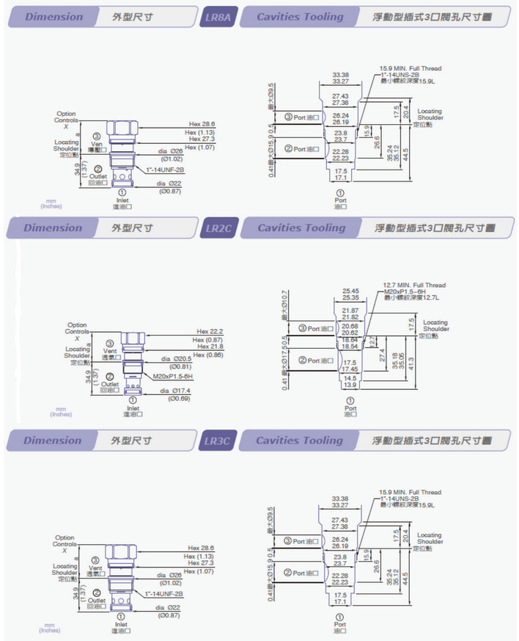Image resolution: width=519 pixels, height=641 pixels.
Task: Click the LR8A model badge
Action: point(218,16)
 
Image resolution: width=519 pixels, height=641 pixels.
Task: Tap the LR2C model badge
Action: point(218,228)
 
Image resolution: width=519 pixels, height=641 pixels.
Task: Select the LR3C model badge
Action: point(218,441)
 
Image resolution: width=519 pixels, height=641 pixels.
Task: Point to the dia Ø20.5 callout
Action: point(176,358)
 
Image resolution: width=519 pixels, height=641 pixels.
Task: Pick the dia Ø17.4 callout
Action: point(176,390)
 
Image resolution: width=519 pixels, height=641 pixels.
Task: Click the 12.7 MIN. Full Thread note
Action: point(413,285)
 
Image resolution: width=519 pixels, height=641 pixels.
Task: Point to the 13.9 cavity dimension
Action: point(350,385)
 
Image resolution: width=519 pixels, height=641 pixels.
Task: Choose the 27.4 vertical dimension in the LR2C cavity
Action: point(382,355)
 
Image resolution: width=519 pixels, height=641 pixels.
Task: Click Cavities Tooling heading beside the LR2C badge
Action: point(301,228)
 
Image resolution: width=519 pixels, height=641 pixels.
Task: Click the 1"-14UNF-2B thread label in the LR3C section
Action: point(163,593)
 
